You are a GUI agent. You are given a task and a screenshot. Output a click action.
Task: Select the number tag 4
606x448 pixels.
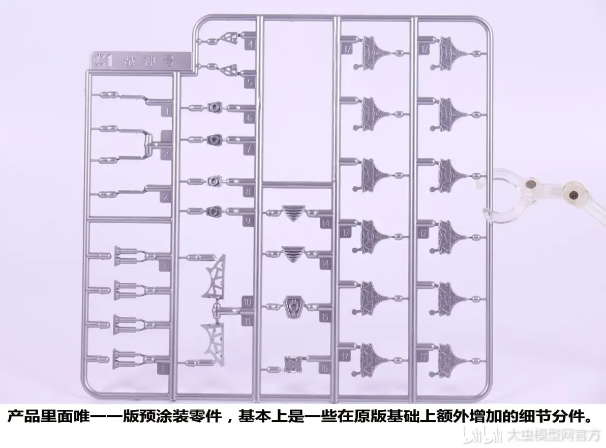point(249,44)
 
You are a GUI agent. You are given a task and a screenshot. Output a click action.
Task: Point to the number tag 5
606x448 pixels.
point(248,81)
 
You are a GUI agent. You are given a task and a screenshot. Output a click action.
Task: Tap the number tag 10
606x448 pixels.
point(248,302)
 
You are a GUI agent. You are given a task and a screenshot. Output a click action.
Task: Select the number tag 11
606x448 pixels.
point(248,321)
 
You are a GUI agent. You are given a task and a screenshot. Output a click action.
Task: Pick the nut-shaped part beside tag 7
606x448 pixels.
point(213,139)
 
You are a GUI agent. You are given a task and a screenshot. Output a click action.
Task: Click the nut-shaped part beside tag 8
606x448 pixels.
point(213,181)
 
